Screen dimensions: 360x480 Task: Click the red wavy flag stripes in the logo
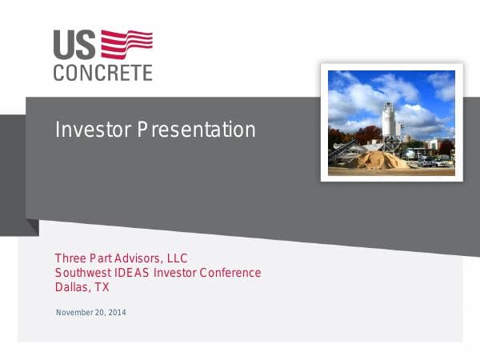tap(126, 44)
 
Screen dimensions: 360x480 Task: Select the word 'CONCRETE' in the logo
tap(102, 73)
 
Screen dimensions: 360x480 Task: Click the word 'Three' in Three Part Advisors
tap(70, 258)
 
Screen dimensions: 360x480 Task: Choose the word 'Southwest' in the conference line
tap(82, 273)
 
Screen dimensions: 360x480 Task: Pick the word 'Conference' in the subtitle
tap(230, 273)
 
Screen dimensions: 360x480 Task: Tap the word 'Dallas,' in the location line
tap(72, 287)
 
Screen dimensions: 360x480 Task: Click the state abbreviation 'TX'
tap(102, 287)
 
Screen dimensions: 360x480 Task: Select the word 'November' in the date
tap(74, 312)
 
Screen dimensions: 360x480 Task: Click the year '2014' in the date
tap(116, 312)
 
